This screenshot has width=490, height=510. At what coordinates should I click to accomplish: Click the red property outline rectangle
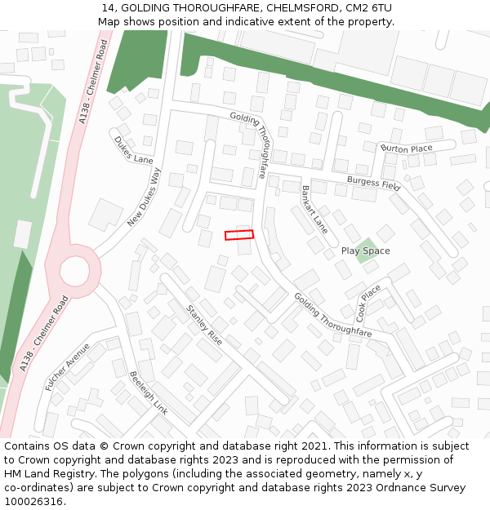pos(239,235)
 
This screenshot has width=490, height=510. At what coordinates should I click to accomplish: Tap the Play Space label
pos(365,251)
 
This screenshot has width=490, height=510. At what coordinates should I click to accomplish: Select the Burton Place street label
pos(407,149)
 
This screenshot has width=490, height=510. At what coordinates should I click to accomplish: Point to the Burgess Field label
pos(374,182)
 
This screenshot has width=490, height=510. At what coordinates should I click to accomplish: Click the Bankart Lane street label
pos(314,210)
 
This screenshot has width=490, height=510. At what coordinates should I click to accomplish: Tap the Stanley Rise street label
pos(204,325)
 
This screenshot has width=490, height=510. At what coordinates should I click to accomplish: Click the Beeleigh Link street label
pos(149,393)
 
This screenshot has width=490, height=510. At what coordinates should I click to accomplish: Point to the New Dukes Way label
pos(145,197)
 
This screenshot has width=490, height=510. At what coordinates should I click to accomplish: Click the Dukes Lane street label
pos(133,149)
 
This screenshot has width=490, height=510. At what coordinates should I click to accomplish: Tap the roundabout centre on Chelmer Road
pos(74,271)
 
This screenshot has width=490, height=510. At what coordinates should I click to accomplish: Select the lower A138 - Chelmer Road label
pos(40,335)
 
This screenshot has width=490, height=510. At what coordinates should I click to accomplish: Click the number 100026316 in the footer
pos(33,501)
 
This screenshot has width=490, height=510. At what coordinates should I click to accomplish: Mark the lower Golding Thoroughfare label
pos(332,315)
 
